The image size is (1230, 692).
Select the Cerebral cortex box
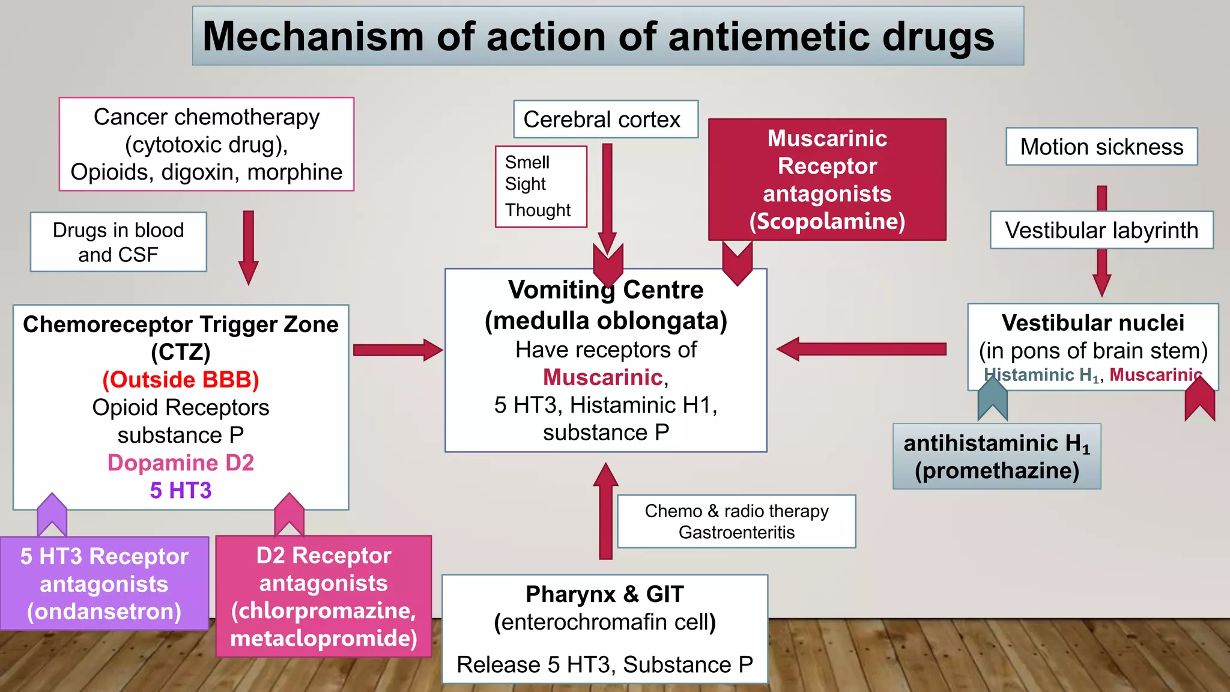point(605,120)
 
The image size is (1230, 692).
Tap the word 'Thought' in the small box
point(538,210)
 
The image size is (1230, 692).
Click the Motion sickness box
point(1101,147)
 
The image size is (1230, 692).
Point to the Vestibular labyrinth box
point(1101,230)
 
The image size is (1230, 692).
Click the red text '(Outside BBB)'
point(181,380)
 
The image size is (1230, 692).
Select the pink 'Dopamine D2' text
point(181,463)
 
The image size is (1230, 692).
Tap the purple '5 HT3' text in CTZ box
point(181,490)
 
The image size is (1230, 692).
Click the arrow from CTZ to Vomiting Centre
point(397,350)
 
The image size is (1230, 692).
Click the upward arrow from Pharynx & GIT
point(605,511)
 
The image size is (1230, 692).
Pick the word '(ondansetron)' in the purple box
point(104,612)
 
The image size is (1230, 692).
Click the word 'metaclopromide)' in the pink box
point(324,638)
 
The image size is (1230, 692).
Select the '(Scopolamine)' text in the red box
point(827,221)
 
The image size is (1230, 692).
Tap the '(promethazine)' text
point(996,470)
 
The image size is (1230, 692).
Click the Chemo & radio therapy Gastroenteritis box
point(736,521)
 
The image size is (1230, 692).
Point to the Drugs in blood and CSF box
point(118,242)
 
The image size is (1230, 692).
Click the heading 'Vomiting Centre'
point(605,290)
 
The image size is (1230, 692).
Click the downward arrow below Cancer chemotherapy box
point(248,246)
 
